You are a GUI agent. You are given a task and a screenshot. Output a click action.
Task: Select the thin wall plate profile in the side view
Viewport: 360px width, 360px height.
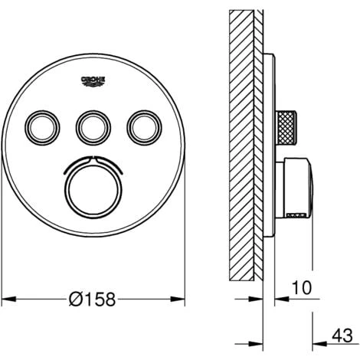pos(268,146)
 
